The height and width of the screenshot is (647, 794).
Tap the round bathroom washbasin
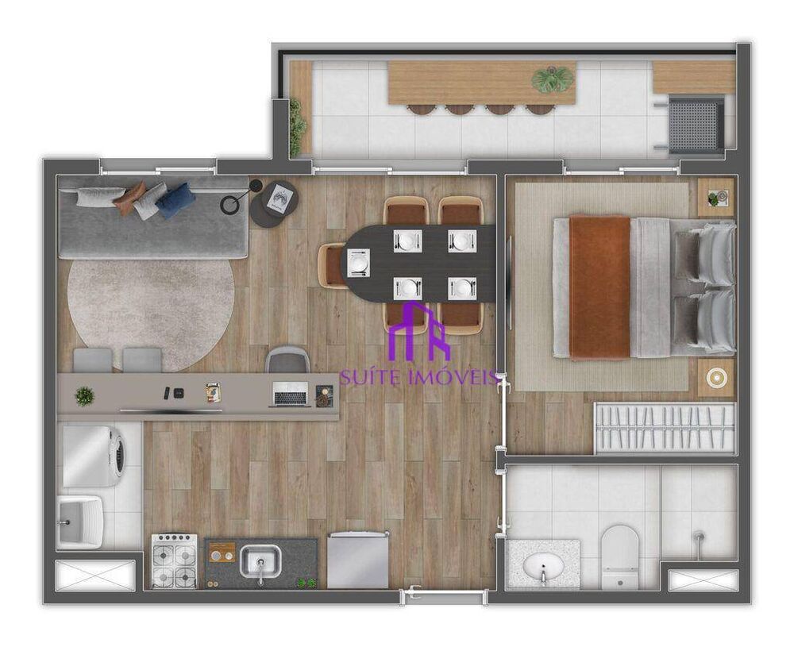(x=544, y=566)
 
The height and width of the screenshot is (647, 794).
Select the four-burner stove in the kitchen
(x=174, y=560)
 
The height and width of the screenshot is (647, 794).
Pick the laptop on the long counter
(x=290, y=394)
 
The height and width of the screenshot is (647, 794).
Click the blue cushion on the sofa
(x=175, y=200)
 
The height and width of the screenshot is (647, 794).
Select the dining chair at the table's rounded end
(x=332, y=264)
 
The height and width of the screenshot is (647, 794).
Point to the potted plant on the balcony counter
(x=553, y=79)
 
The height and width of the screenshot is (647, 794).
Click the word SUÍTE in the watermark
(x=370, y=377)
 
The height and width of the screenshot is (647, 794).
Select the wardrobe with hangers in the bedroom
(x=665, y=428)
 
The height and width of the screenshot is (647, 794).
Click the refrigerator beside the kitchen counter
(x=357, y=560)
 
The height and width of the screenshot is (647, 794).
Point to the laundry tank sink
(x=79, y=522)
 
